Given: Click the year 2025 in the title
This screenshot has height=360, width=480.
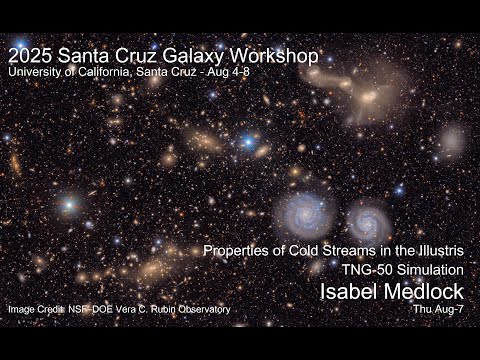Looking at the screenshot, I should [x=29, y=56].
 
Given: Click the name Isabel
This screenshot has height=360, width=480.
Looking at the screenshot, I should [x=346, y=291].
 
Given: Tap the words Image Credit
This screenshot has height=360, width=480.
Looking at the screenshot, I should [x=34, y=310].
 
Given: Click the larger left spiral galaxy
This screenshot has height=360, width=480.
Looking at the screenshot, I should [x=304, y=213].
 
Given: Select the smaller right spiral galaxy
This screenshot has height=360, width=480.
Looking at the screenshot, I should [x=367, y=221].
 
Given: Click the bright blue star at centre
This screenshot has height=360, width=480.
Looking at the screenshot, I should [x=247, y=142].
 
